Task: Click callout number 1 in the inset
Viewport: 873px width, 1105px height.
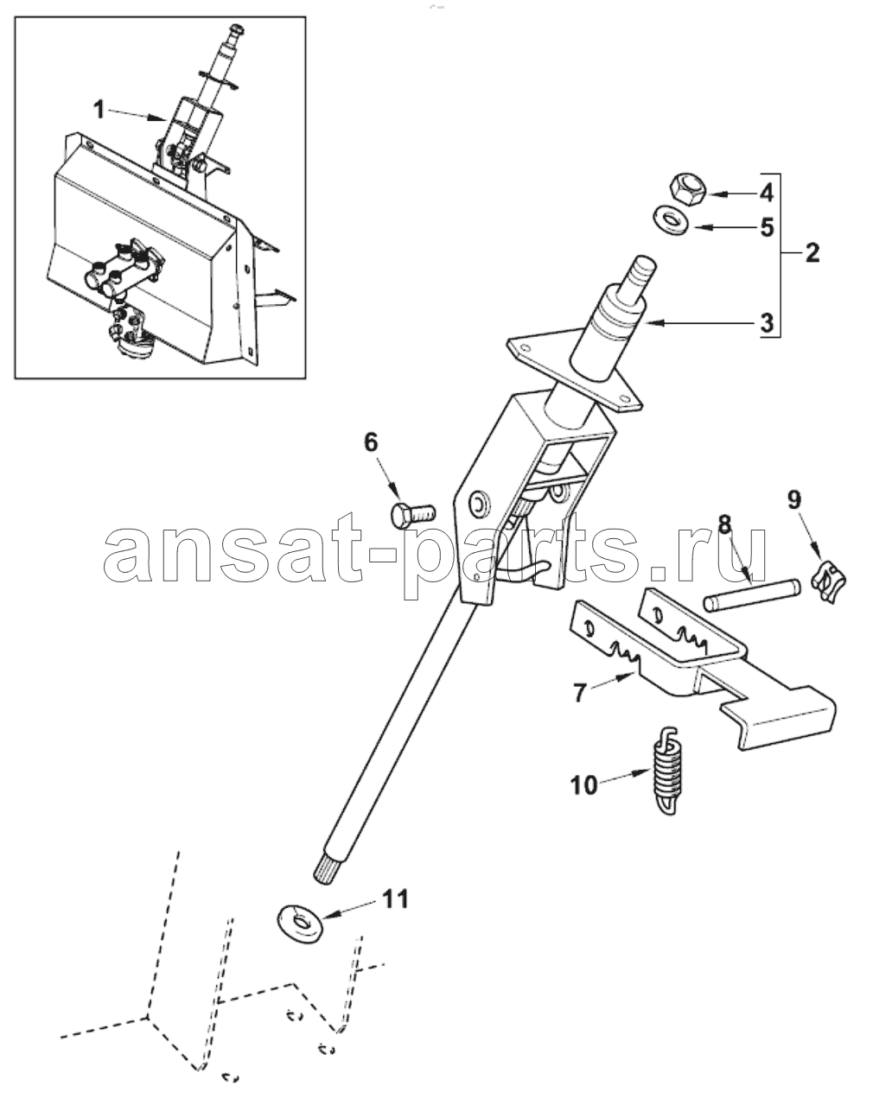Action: coord(100,110)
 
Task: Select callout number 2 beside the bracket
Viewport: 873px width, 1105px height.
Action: coord(812,253)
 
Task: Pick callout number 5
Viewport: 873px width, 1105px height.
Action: coord(768,227)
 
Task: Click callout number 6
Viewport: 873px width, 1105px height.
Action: coord(371,441)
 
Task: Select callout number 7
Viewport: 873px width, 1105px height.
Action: coord(578,693)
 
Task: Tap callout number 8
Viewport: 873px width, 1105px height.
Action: coord(723,524)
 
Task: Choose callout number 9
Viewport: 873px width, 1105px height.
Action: coord(794,499)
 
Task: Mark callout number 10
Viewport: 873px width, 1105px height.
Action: coord(584,799)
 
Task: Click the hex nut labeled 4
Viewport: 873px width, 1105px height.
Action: coord(689,190)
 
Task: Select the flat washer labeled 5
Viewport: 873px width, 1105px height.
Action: coord(672,220)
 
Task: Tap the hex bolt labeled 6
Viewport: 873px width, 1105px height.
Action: coord(412,515)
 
